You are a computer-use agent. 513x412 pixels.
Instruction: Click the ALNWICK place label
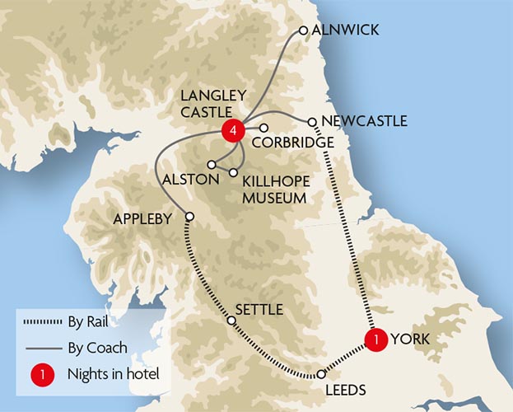tap(346, 30)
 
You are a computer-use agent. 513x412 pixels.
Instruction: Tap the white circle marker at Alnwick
tap(304, 30)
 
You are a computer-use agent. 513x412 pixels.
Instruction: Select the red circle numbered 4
tap(234, 130)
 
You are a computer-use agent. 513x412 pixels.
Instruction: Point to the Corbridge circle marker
tap(264, 128)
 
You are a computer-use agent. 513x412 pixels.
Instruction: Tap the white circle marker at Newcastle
tap(313, 122)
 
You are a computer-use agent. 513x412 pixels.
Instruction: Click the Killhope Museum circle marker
tap(234, 172)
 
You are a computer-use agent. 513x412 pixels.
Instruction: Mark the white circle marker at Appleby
tap(189, 217)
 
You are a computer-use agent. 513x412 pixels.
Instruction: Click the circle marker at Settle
tap(231, 320)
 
